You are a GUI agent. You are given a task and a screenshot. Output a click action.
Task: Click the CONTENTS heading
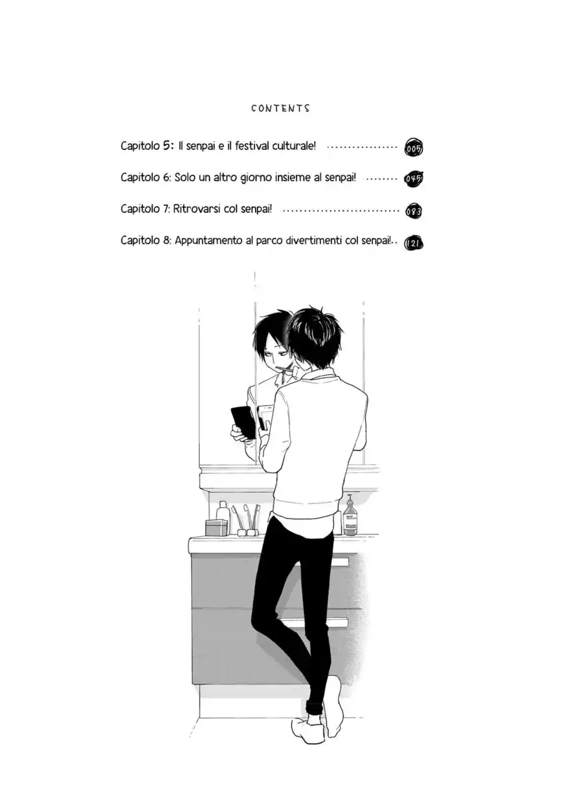280,108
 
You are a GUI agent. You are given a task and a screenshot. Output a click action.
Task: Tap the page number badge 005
414,148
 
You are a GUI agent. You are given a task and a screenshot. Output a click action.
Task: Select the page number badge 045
414,179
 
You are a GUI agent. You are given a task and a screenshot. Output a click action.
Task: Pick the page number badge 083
414,211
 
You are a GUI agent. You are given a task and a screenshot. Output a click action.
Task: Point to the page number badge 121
414,243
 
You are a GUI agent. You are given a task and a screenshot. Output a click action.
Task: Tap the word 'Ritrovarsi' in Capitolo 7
197,208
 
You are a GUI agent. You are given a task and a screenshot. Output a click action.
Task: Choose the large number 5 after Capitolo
166,144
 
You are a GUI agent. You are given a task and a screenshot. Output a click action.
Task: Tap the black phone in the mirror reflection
242,422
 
